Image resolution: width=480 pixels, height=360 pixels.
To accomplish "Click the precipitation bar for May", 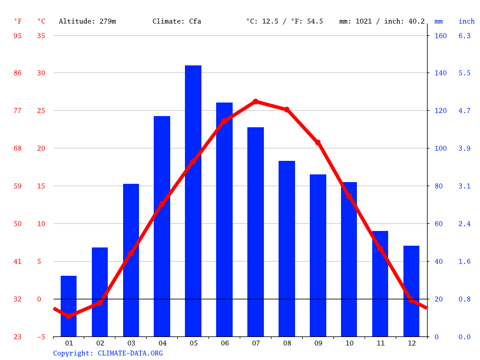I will [193, 200].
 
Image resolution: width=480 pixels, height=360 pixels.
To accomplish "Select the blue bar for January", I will [69, 306].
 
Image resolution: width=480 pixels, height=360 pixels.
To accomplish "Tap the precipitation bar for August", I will [287, 248].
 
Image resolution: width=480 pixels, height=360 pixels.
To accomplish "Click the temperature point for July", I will [256, 101].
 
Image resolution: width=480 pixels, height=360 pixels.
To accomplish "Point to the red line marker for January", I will [69, 316].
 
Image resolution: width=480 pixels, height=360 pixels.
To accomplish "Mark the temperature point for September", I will [318, 143].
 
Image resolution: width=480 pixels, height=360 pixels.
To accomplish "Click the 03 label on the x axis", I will [131, 343].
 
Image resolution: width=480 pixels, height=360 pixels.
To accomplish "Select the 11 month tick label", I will [380, 343].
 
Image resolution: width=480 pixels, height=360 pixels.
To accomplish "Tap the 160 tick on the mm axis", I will [441, 36].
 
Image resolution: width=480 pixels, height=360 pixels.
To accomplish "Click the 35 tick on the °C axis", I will [41, 36].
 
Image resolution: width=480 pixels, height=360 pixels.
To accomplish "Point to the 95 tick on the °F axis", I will [18, 36].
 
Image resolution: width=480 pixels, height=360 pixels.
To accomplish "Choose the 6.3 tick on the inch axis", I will [464, 36].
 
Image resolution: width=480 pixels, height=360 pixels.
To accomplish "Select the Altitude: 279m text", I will [87, 21].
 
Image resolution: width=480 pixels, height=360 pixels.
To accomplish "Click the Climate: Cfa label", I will [177, 21].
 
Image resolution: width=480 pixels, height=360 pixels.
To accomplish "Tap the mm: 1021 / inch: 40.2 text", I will [382, 21].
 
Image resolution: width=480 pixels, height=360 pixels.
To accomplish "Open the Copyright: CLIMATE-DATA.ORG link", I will [108, 353].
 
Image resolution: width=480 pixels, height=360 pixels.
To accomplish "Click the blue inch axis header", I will [466, 21].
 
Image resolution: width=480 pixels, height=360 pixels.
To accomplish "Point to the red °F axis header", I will [18, 21].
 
